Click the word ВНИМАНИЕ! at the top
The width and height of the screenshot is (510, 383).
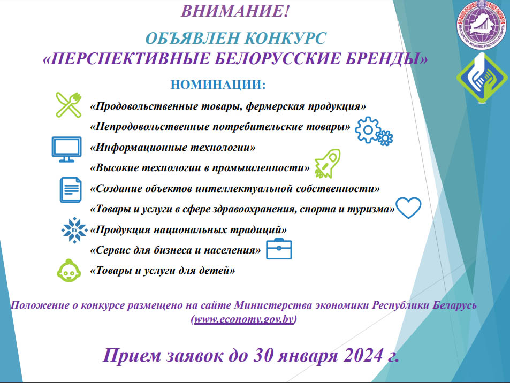click(x=234, y=11)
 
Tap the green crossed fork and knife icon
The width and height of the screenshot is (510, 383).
click(x=68, y=105)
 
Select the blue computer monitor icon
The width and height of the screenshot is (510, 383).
click(x=67, y=149)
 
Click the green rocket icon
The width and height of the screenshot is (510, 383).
click(x=328, y=164)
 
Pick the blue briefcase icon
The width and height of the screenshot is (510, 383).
click(x=279, y=249)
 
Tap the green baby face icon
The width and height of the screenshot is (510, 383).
click(x=69, y=271)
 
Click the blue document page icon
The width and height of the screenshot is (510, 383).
click(x=71, y=190)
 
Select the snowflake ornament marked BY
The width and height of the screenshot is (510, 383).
click(x=74, y=230)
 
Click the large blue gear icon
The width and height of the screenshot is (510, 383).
click(x=368, y=130)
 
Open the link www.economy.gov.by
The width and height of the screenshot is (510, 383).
click(x=244, y=319)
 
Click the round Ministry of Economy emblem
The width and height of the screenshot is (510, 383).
click(x=482, y=25)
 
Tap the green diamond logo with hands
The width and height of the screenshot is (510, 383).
click(x=482, y=78)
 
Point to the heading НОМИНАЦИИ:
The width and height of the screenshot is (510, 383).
click(x=218, y=85)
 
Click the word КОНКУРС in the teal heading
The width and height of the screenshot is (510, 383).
click(x=285, y=39)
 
